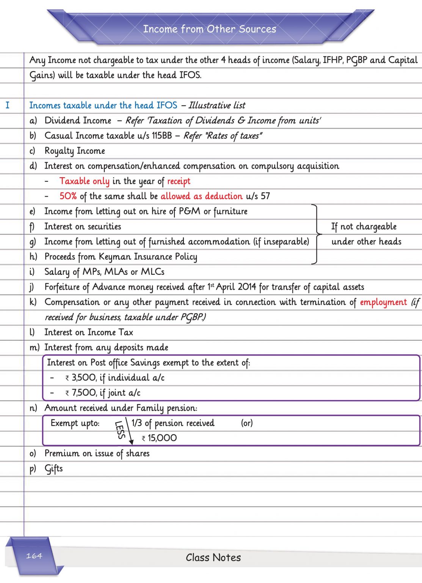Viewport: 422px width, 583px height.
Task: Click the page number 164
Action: [x=34, y=556]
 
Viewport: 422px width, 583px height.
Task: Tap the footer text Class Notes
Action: [x=213, y=557]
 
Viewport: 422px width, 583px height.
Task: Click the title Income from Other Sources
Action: [x=210, y=29]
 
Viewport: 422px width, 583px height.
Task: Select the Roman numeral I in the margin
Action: [x=7, y=105]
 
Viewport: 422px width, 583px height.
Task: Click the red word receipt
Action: [x=179, y=181]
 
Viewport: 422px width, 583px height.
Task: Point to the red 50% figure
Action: [x=68, y=196]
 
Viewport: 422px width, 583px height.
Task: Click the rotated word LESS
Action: [x=120, y=430]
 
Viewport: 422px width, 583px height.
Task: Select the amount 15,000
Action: [x=162, y=438]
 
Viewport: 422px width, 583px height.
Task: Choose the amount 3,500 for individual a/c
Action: [x=84, y=378]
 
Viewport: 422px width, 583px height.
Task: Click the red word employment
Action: [x=383, y=302]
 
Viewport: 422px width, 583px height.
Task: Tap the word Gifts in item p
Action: [x=53, y=469]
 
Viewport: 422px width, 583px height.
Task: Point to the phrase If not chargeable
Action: [x=364, y=227]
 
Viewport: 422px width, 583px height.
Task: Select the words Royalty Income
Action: [x=75, y=151]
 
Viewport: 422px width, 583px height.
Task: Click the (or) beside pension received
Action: [x=247, y=423]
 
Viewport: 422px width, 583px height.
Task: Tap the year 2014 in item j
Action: [x=247, y=287]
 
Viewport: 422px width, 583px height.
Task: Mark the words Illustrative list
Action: [x=217, y=105]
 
